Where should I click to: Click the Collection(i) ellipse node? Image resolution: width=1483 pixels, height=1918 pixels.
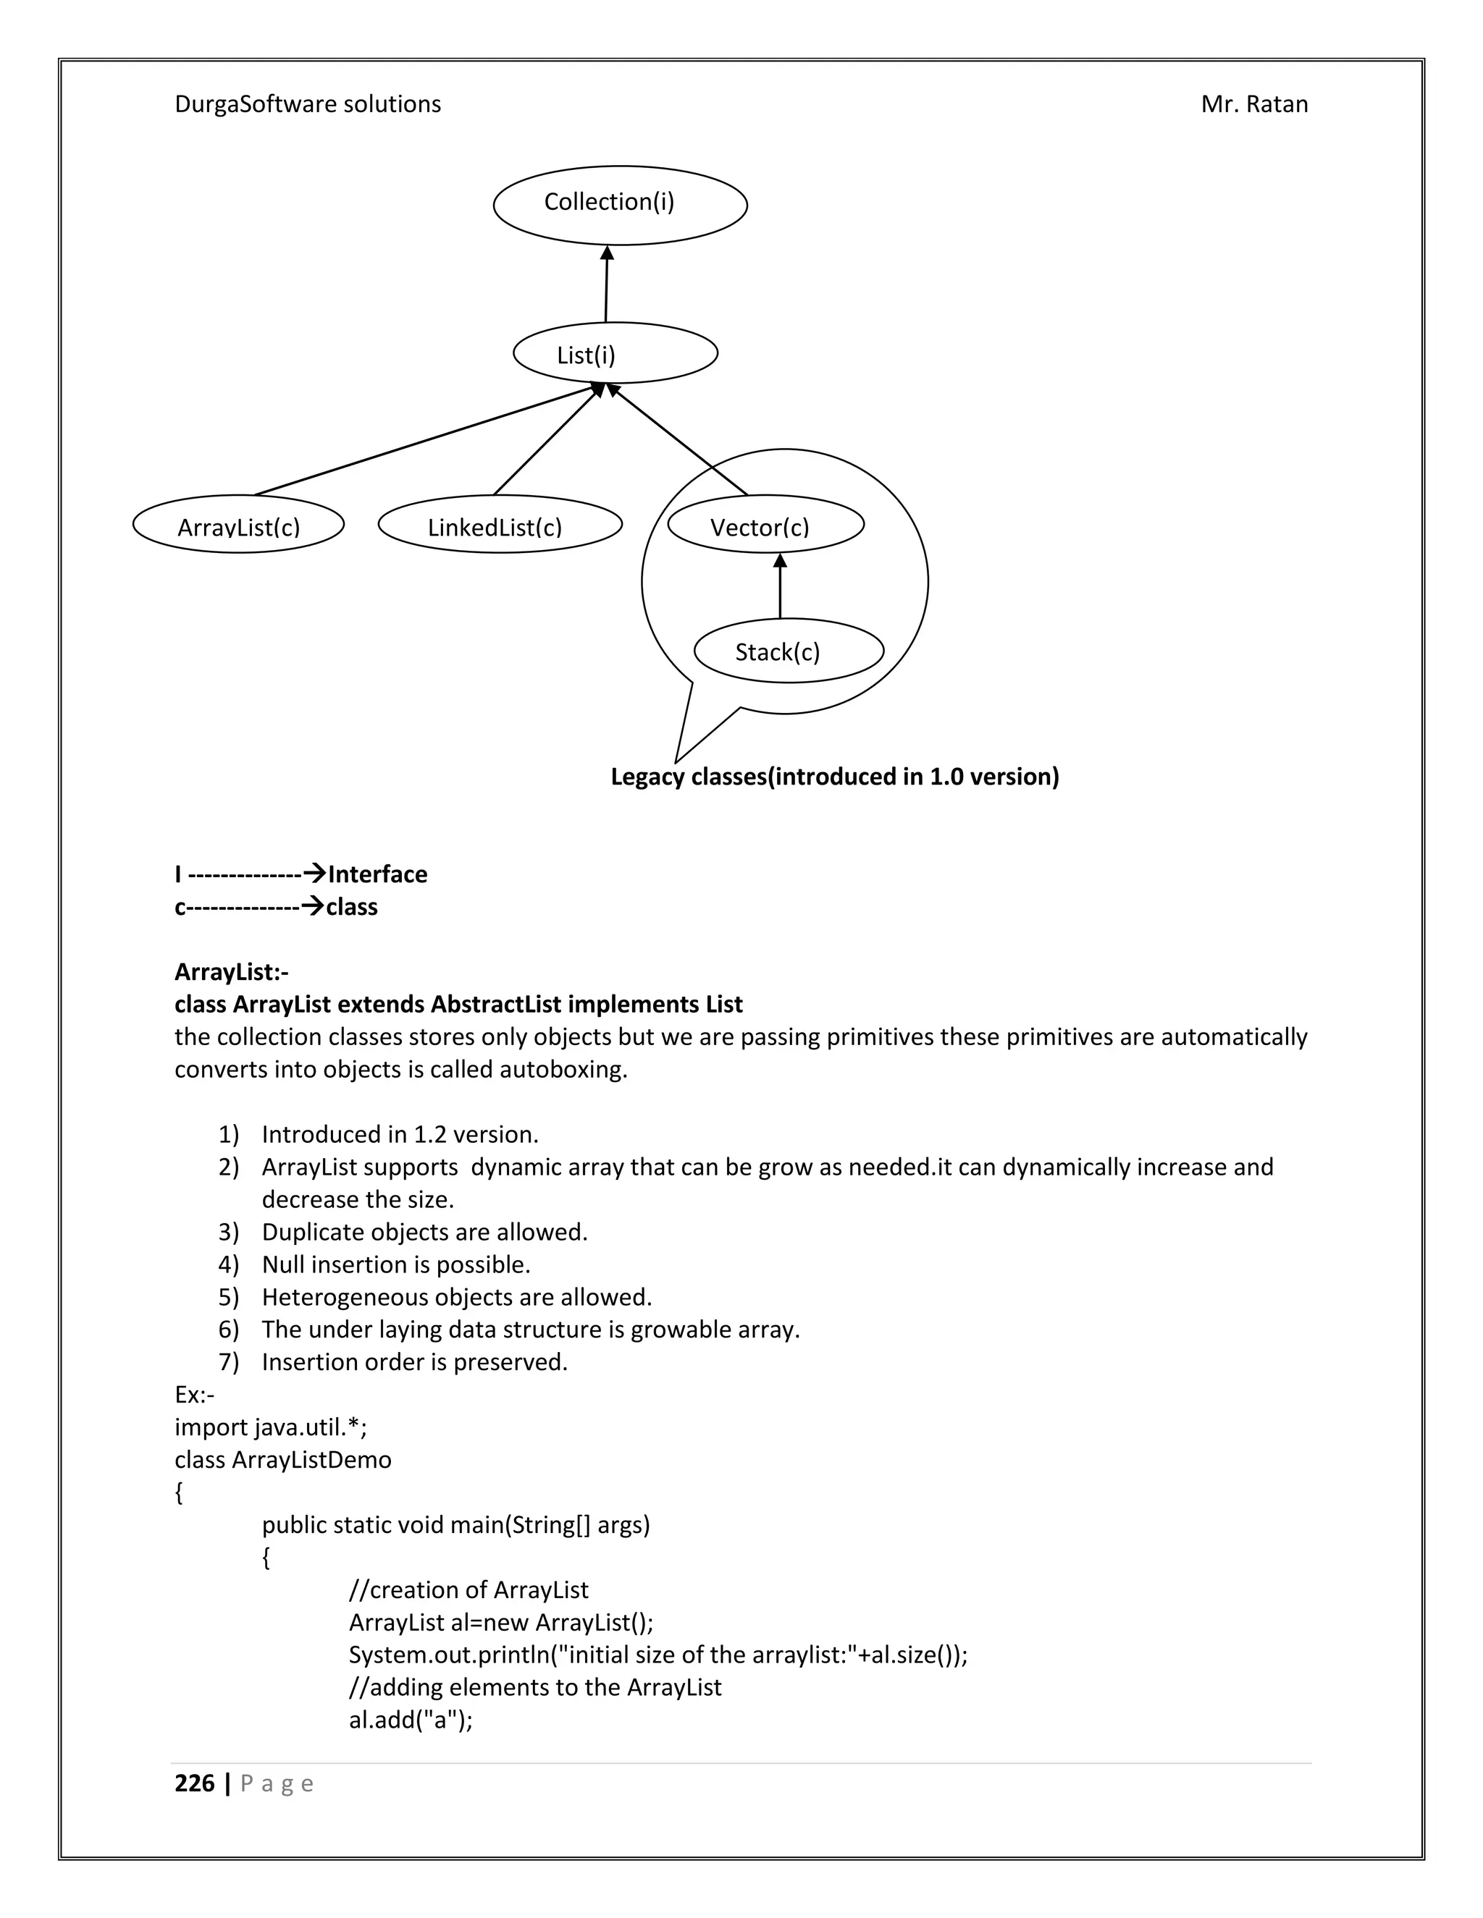point(619,205)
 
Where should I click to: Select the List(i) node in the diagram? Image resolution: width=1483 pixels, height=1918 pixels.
point(615,353)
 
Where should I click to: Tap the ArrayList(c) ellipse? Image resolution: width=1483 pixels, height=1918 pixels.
point(238,525)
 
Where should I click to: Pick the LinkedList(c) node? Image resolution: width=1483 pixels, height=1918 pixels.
point(499,525)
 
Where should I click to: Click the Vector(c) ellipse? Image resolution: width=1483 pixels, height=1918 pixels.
point(765,525)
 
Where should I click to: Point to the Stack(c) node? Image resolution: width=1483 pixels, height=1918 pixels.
point(788,651)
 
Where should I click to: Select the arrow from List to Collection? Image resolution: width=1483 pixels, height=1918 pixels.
point(606,285)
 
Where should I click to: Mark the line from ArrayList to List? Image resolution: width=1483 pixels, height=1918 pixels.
point(421,442)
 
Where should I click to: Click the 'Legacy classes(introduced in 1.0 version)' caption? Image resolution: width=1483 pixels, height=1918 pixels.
point(835,777)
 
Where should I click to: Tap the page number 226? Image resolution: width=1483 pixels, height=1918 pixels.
point(194,1783)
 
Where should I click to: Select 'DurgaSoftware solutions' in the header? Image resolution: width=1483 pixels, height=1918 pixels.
point(308,104)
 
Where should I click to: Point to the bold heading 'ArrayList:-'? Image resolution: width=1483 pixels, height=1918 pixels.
point(231,971)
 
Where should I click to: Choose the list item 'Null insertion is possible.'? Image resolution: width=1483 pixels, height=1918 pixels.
point(395,1264)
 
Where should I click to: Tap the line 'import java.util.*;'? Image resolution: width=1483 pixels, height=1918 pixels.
point(271,1427)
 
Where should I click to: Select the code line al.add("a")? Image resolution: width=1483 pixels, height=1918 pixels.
point(411,1720)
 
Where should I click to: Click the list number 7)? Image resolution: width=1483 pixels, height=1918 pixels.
point(228,1362)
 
